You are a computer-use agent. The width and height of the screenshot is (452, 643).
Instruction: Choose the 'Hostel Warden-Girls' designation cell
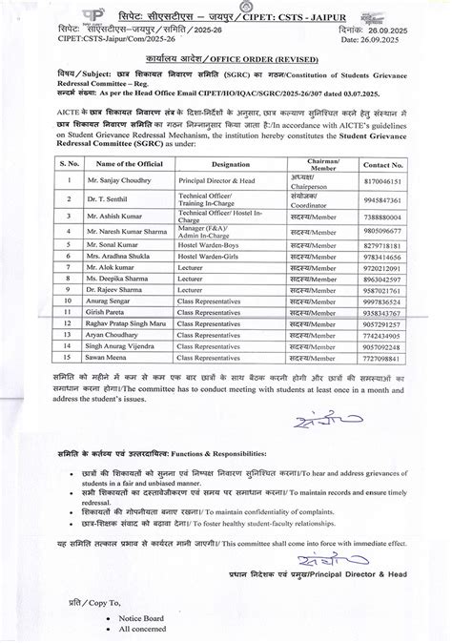click(212, 258)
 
